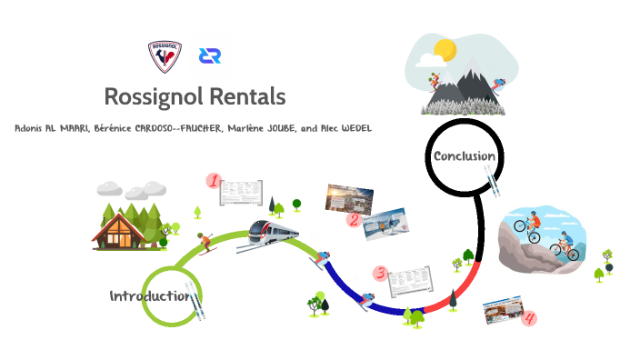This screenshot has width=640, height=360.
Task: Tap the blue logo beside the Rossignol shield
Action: [211, 55]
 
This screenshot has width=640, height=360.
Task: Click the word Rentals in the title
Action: [245, 95]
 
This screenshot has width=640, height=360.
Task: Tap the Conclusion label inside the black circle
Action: [465, 156]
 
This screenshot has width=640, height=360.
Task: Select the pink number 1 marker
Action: [215, 181]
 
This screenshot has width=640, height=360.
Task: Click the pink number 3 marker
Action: [380, 273]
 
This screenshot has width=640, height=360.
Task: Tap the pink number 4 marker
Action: [530, 318]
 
